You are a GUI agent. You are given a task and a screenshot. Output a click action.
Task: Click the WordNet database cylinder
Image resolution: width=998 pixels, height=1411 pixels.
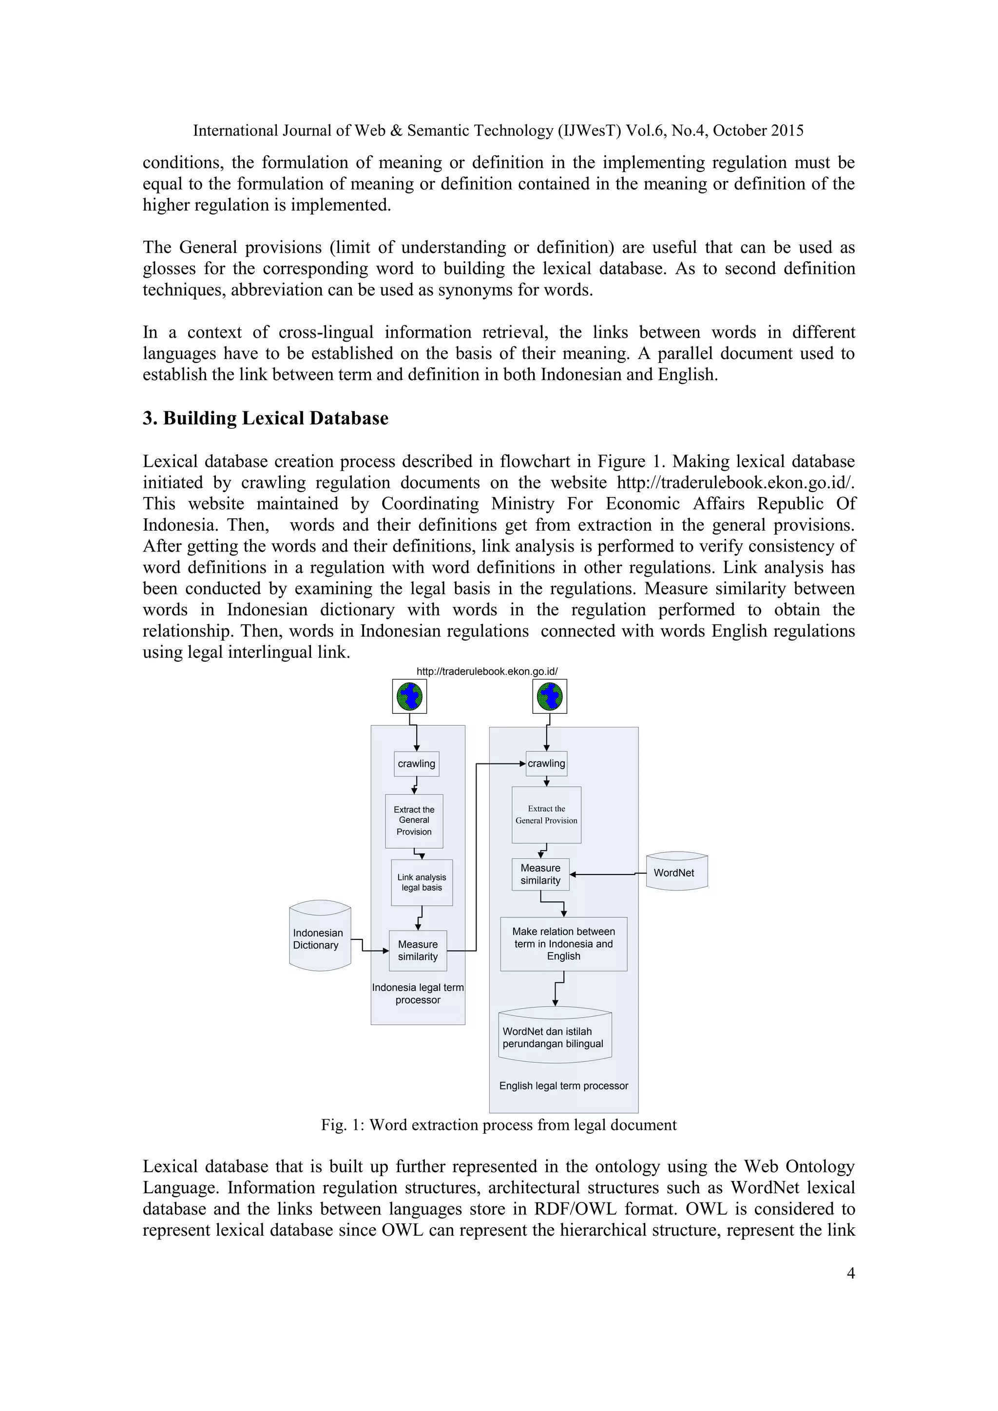click(676, 872)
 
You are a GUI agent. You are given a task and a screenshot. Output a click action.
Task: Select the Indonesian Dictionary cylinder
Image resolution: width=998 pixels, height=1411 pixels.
click(320, 938)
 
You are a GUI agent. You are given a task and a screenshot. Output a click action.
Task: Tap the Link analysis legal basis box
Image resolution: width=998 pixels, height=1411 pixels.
click(422, 882)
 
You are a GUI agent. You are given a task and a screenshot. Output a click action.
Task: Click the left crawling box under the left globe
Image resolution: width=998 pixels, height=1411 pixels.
click(417, 764)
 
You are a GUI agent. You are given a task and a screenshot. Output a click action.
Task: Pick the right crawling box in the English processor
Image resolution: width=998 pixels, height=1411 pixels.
click(546, 764)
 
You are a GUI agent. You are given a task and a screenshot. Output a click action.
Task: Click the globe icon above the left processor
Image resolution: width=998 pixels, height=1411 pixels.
click(410, 697)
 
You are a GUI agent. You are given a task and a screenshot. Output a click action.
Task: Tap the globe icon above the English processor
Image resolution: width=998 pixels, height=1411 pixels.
click(549, 697)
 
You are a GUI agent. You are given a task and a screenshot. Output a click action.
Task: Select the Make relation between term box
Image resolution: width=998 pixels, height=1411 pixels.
click(563, 944)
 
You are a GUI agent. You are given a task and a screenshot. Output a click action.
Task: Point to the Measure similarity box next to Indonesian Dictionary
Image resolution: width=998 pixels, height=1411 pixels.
click(418, 951)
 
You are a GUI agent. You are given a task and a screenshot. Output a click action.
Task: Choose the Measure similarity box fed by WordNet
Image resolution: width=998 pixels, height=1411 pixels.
click(541, 875)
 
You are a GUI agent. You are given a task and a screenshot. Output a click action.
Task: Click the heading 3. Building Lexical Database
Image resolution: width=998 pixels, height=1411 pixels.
click(266, 419)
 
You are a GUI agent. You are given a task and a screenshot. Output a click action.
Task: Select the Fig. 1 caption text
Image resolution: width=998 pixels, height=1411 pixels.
click(499, 1125)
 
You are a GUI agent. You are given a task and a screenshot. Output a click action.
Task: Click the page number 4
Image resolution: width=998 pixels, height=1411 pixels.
click(850, 1273)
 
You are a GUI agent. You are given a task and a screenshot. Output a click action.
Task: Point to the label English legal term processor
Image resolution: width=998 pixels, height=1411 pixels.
click(563, 1086)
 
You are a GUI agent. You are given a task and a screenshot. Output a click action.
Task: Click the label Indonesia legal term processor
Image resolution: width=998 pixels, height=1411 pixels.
click(418, 994)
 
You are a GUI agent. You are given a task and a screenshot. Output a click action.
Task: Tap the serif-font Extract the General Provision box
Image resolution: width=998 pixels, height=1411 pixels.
click(546, 815)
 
